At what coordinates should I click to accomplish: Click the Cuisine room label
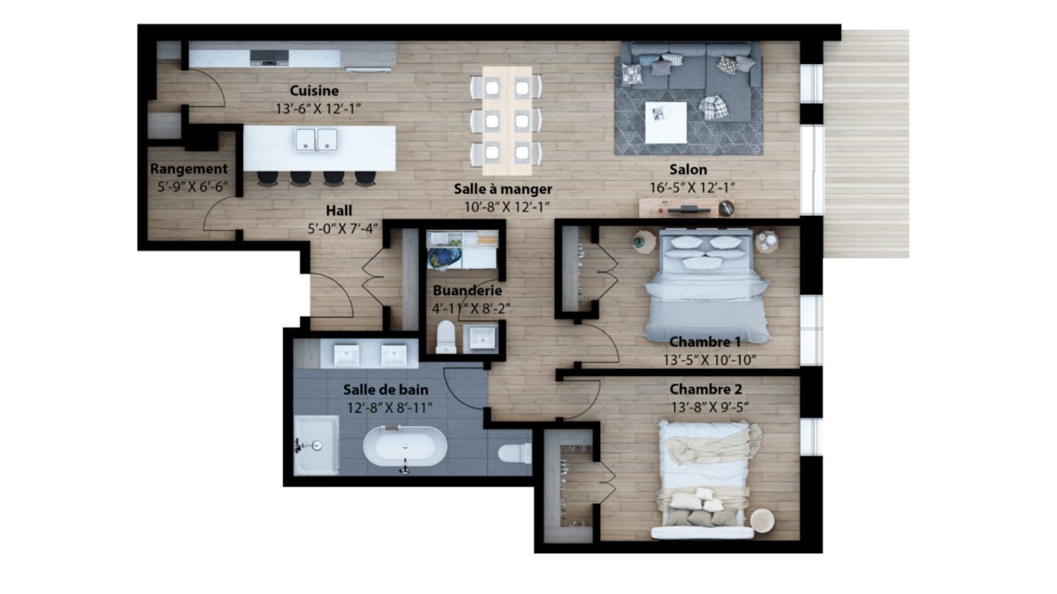coord(314,90)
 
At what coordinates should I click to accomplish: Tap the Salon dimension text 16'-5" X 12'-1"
coord(692,188)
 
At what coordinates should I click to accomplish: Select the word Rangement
coord(189,169)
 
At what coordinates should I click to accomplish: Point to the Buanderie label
coord(467,290)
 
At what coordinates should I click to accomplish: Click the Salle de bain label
coord(385,390)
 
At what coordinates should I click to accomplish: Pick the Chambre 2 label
coord(706,389)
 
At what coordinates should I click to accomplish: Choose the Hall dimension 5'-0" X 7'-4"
coord(342,229)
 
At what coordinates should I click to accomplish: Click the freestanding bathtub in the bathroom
coord(405,446)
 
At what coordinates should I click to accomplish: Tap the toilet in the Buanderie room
coord(446,337)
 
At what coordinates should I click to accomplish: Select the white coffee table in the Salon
coord(666,122)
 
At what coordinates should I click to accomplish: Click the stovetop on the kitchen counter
coord(269,58)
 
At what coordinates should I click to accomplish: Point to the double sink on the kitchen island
coord(316,139)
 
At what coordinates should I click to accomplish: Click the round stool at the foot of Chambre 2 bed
coord(762,521)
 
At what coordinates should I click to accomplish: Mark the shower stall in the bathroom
coord(316,445)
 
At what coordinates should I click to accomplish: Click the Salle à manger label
coord(503,189)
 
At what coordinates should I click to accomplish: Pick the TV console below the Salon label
coord(686,208)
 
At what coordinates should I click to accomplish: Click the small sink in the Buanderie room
coord(481,338)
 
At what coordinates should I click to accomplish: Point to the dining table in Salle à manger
coord(507,121)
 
